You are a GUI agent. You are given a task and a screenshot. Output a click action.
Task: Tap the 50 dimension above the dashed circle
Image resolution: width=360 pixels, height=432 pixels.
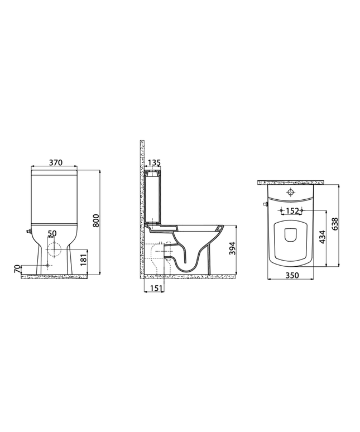(52, 233)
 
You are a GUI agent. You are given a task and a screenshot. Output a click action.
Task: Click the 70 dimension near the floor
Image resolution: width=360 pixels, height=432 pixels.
(17, 269)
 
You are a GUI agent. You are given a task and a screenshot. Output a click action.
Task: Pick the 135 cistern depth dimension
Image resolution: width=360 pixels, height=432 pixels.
(155, 163)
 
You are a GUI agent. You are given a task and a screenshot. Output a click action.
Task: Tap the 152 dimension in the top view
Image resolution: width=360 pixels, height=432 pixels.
(291, 211)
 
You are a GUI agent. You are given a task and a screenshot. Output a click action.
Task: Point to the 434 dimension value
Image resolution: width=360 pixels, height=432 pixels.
(323, 237)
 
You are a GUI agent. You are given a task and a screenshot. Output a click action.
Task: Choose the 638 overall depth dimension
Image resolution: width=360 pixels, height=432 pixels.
(335, 223)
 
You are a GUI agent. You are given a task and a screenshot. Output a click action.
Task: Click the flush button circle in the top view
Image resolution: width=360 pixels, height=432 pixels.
(290, 193)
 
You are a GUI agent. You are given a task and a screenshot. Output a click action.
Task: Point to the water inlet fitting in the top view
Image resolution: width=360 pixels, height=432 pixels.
(263, 205)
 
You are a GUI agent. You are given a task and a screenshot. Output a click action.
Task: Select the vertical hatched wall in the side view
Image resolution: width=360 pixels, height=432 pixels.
(142, 212)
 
